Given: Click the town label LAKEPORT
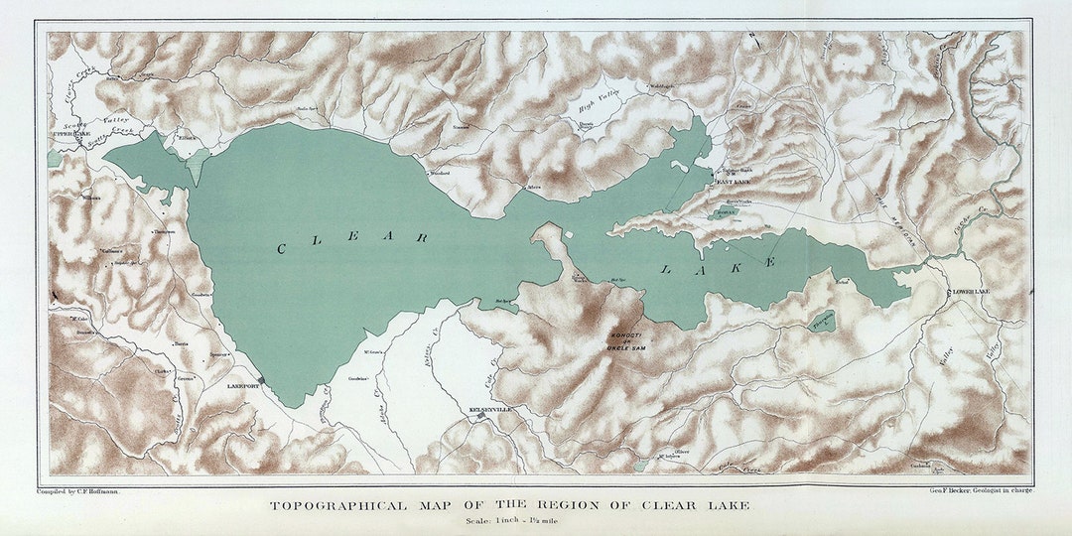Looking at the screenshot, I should pyautogui.click(x=242, y=385).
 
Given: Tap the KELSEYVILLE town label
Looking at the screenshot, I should pyautogui.click(x=488, y=408).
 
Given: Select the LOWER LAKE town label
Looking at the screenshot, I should pyautogui.click(x=970, y=291).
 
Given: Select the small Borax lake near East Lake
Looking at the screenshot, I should pyautogui.click(x=728, y=212).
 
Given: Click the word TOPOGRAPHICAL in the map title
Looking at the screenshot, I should pyautogui.click(x=337, y=506).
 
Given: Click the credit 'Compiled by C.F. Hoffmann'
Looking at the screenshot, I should pyautogui.click(x=78, y=490).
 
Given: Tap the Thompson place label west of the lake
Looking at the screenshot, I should pyautogui.click(x=163, y=232).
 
